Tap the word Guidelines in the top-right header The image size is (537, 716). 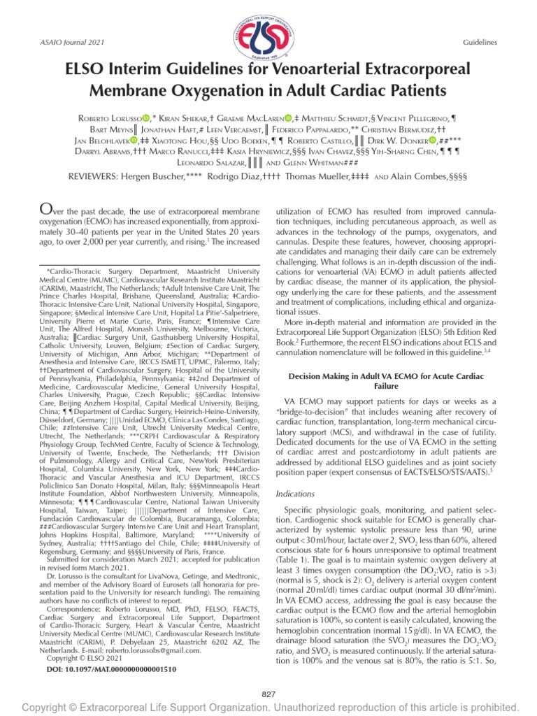pyautogui.click(x=480, y=43)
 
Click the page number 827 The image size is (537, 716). pyautogui.click(x=268, y=694)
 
